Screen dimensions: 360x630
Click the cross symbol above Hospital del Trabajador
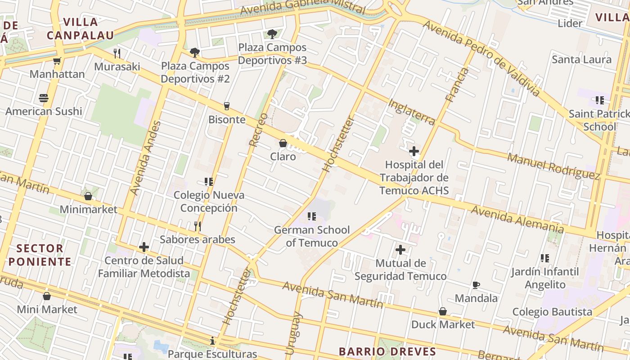tap(414, 151)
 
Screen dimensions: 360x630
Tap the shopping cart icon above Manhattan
tap(57, 61)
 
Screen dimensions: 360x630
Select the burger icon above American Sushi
tap(44, 98)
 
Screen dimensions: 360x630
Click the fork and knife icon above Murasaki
tap(117, 54)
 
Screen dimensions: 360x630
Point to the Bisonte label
tap(227, 120)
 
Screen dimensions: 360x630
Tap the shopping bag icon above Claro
tap(283, 143)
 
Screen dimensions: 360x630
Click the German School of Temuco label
tap(312, 236)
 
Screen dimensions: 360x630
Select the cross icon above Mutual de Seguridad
tap(400, 250)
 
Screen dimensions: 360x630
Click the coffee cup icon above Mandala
tap(476, 285)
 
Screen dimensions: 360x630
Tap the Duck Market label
tap(443, 324)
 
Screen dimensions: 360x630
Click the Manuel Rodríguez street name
tap(553, 166)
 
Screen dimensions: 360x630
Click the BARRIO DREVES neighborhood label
tap(387, 351)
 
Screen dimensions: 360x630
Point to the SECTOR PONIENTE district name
tap(40, 255)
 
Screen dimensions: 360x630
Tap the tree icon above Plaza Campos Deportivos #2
tap(194, 53)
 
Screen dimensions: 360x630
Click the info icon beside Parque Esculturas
tap(212, 341)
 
